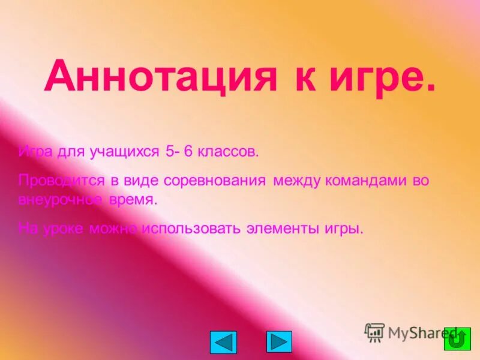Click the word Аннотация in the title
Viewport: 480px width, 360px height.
160,76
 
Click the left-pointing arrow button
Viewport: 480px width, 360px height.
223,342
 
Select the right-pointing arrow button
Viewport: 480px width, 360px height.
279,341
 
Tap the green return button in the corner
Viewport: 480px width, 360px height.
457,340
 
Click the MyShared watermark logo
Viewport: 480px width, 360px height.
414,332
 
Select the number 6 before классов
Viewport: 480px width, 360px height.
187,152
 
